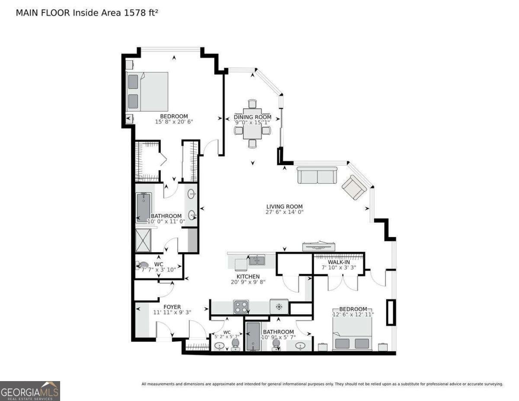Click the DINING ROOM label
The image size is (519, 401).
(x=253, y=117)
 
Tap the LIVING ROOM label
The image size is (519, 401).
(x=284, y=206)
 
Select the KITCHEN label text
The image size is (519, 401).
(x=248, y=276)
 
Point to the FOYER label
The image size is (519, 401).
(x=172, y=307)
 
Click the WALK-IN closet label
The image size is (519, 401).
(x=339, y=262)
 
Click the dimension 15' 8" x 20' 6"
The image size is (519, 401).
(x=173, y=122)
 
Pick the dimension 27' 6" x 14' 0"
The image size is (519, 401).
(x=284, y=212)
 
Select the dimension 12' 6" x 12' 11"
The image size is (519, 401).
(x=353, y=314)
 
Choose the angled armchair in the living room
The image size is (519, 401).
(x=354, y=187)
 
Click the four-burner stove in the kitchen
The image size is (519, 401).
(x=241, y=307)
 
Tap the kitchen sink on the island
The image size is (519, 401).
(x=257, y=260)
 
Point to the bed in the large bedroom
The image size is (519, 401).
(x=147, y=92)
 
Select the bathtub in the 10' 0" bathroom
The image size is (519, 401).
(x=144, y=208)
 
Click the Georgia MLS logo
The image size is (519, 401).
(x=30, y=391)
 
